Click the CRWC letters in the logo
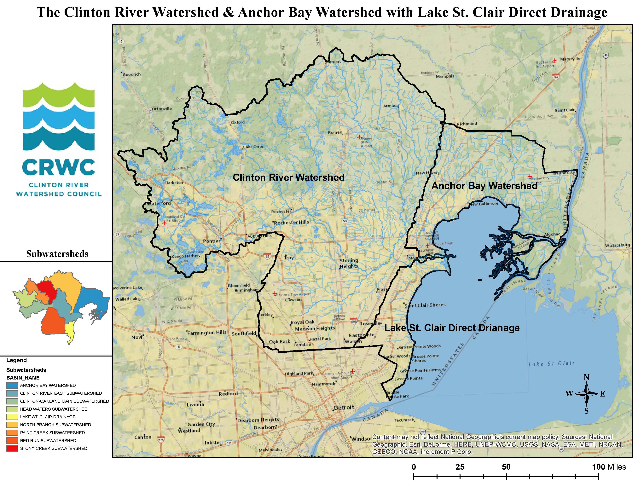pos(58,167)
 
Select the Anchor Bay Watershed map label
pos(484,186)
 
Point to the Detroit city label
pos(344,407)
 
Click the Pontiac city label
pos(212,241)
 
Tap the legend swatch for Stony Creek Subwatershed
pos(12,448)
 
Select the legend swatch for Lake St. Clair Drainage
pos(12,417)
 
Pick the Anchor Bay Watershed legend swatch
pos(12,385)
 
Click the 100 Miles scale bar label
pos(609,467)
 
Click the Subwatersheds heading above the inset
pos(57,253)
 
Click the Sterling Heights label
pos(349,263)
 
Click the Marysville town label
pos(570,59)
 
